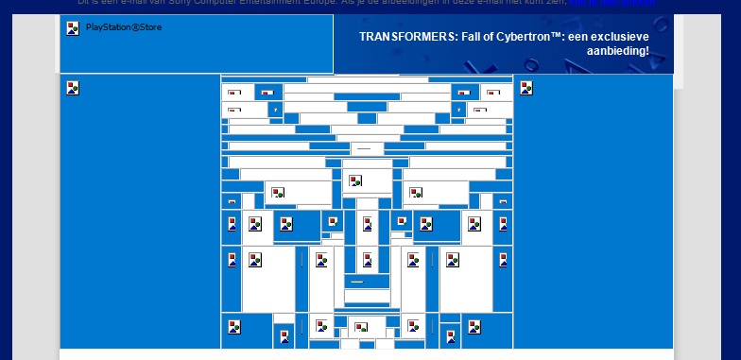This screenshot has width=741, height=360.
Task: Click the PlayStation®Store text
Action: (x=124, y=27)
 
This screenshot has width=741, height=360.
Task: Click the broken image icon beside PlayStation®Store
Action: (x=73, y=28)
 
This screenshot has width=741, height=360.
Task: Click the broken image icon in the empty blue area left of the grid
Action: (x=73, y=88)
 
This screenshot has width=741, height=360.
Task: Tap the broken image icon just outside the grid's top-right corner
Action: (x=526, y=88)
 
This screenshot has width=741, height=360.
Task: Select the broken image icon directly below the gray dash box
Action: (x=355, y=180)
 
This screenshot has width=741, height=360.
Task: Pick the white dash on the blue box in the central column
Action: (x=357, y=281)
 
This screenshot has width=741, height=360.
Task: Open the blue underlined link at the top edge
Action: (x=625, y=3)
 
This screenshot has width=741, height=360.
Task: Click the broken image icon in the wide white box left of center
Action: (x=278, y=194)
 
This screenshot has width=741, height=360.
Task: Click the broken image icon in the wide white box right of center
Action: (x=415, y=194)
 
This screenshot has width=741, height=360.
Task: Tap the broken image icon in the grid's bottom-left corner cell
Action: (x=233, y=327)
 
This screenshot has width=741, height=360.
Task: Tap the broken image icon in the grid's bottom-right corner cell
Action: (x=475, y=327)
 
